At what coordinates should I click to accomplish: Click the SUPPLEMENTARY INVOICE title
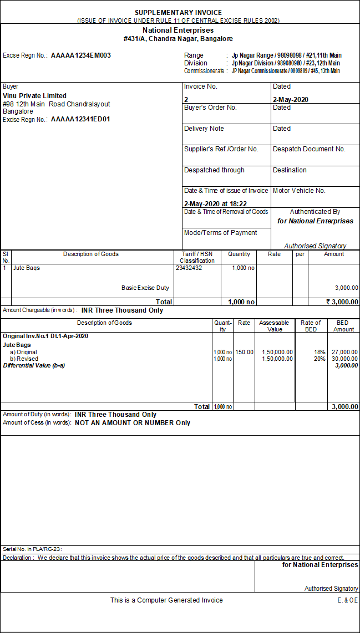(x=178, y=13)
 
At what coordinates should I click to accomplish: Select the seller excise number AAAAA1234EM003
(x=81, y=55)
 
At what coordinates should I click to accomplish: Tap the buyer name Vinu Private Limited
(x=34, y=96)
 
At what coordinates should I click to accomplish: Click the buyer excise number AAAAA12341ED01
(x=80, y=119)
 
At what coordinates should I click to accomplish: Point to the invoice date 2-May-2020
(x=291, y=100)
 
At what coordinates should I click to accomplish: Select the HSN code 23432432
(x=189, y=268)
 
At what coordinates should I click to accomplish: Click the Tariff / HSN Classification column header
(x=197, y=257)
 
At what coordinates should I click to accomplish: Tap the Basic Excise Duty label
(x=145, y=288)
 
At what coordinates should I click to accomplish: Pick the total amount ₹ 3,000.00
(x=342, y=302)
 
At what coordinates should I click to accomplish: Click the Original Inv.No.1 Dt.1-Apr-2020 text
(x=45, y=336)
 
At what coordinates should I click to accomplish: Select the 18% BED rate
(x=320, y=352)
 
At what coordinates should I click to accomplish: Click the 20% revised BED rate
(x=320, y=359)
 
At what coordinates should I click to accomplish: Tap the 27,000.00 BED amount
(x=344, y=352)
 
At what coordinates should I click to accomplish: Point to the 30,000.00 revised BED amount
(x=344, y=359)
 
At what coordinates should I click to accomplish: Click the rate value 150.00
(x=244, y=352)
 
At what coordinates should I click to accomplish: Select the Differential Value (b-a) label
(x=34, y=365)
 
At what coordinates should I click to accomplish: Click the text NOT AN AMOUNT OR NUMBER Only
(x=133, y=423)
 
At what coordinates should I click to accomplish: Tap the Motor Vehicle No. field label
(x=299, y=191)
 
